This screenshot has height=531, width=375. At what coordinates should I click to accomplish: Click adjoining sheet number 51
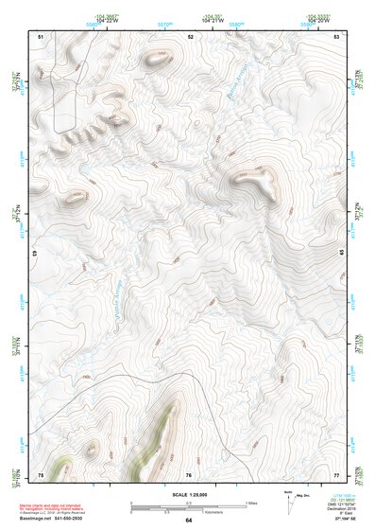(41, 36)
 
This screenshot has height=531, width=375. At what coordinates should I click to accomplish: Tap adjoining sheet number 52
(190, 36)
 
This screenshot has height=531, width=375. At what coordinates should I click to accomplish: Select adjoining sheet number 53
(336, 36)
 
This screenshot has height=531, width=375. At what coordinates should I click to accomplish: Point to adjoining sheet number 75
(41, 474)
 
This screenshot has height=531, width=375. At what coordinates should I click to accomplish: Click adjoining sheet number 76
(190, 474)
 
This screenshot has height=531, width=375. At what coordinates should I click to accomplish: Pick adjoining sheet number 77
(336, 474)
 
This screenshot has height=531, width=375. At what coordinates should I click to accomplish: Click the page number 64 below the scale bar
(189, 521)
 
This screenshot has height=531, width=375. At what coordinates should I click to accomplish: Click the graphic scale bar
(189, 504)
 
